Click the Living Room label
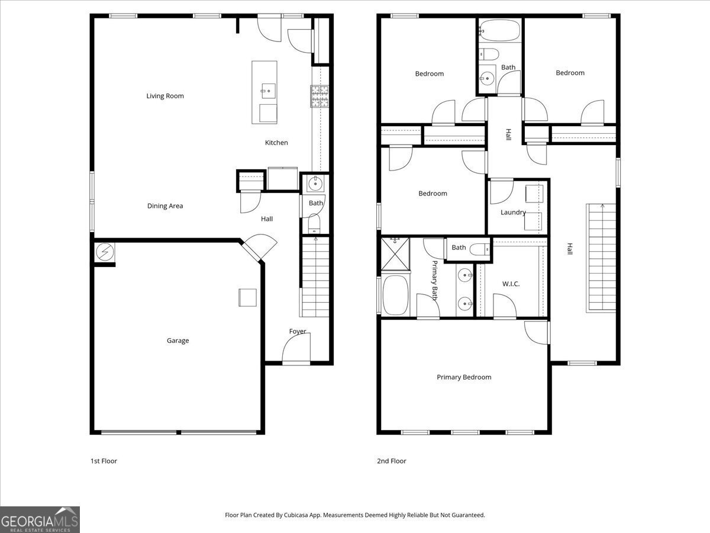165,96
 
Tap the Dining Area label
165,206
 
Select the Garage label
177,341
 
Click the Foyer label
298,331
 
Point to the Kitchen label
276,143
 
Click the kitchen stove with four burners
319,95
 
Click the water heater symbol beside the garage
105,252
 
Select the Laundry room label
513,213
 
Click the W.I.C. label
511,284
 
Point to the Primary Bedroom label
464,377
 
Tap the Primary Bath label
434,280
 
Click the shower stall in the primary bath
395,252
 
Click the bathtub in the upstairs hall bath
500,31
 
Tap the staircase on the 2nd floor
601,258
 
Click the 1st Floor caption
104,461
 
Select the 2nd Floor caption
392,461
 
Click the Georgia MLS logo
40,519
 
